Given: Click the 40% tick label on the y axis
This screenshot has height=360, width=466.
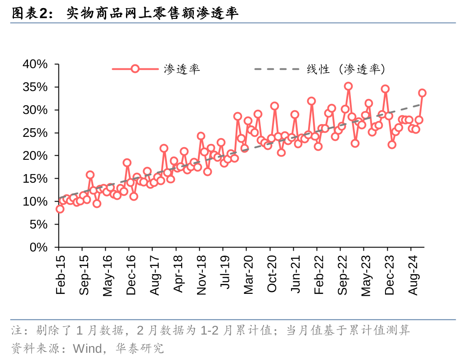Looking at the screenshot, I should point(35,64).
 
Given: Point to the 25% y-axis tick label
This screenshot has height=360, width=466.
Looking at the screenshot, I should point(35,133).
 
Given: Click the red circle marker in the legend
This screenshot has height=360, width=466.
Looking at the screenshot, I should point(135,69).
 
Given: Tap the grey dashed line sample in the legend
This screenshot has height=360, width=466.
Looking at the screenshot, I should point(276,69).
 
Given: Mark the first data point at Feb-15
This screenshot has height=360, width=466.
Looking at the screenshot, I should point(60,209).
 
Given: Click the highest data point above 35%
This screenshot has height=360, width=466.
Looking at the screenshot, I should point(348,86).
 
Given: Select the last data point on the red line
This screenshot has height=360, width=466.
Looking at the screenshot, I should point(422,93).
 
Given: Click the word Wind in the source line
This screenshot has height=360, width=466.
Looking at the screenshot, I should point(88,348).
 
